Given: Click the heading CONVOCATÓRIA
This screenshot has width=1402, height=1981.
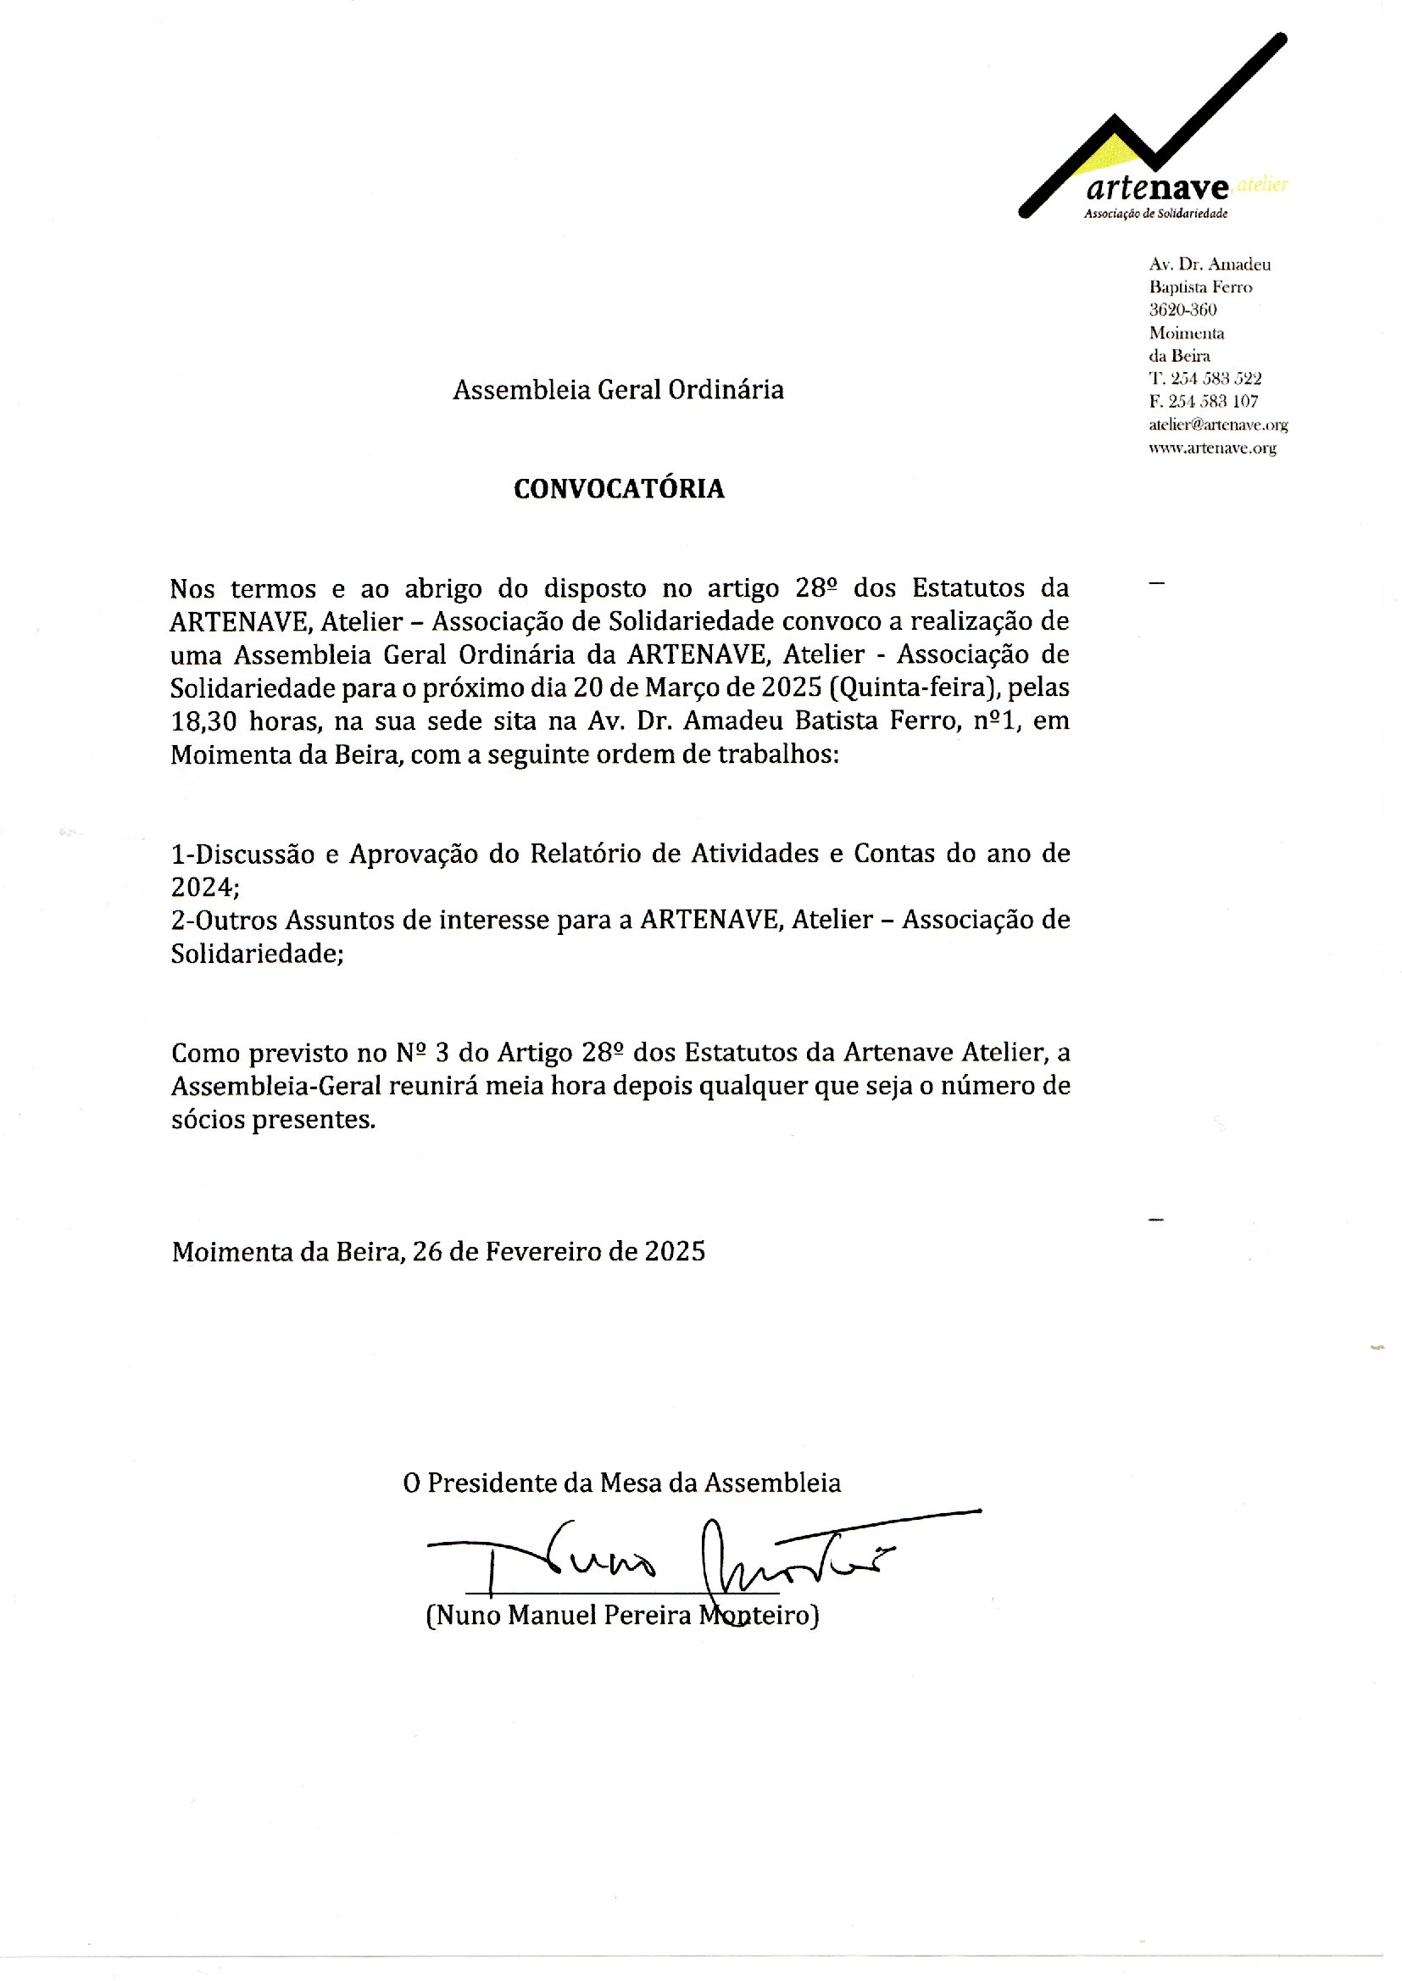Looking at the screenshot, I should point(618,489).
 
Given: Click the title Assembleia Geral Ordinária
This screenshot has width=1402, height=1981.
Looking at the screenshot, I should point(618,390).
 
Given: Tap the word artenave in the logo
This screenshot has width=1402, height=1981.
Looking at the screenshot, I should point(1157,187).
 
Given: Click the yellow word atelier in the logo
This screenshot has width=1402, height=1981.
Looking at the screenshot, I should point(1262,184).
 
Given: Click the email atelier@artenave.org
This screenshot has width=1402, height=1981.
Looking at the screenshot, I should point(1217,425).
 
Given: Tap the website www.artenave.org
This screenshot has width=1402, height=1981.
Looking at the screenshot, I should point(1212,448).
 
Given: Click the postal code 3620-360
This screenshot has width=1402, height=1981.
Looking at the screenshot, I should point(1182,310).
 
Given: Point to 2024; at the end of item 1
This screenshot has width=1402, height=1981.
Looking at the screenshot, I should point(205,888).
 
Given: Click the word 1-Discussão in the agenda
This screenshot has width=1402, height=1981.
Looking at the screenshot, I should point(242,854).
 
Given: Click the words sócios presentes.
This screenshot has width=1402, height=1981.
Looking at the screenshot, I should point(273,1120).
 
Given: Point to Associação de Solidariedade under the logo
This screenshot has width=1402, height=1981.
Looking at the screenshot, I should point(1155,214).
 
